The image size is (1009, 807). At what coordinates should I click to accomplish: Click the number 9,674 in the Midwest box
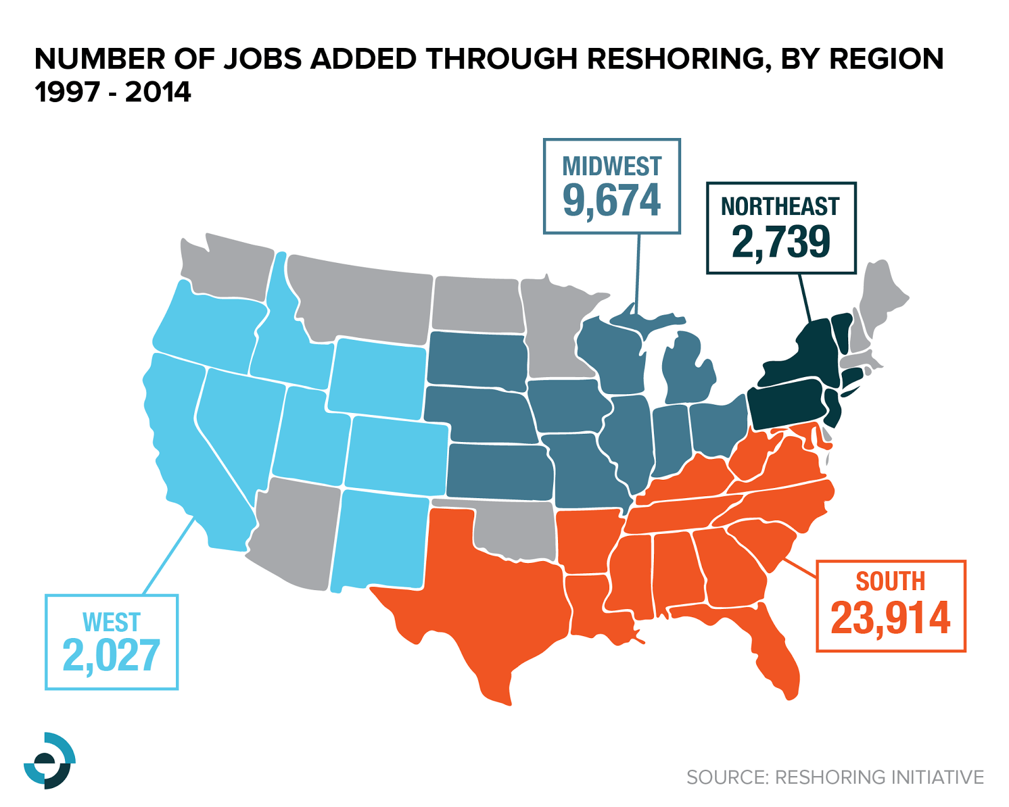tap(611, 200)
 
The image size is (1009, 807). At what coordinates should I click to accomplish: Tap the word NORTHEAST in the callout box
tap(780, 207)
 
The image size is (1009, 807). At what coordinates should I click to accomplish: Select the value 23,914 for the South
tap(890, 618)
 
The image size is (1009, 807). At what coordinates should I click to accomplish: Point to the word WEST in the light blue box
tap(111, 623)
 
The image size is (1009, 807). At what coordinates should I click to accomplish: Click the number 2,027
tap(111, 656)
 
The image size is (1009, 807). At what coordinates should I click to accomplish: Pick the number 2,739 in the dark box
tap(781, 241)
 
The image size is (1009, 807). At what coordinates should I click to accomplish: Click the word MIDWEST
tap(611, 166)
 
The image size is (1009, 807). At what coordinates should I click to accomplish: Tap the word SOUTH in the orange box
tap(890, 581)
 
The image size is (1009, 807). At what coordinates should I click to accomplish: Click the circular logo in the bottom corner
tap(49, 760)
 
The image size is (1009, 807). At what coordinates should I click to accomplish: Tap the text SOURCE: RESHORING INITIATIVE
tap(834, 777)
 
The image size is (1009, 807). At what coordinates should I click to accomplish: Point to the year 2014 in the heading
tap(158, 92)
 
